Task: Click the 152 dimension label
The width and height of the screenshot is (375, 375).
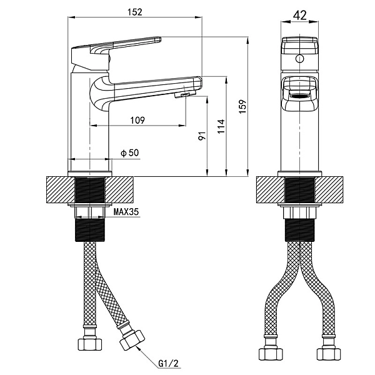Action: [x=134, y=12]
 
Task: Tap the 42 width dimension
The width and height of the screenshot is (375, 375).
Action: [x=299, y=16]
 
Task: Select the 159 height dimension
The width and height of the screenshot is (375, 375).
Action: [x=242, y=107]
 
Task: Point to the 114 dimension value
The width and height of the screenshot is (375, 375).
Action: [x=221, y=126]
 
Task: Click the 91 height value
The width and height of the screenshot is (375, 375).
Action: [x=202, y=136]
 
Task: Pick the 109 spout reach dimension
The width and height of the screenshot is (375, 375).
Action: [x=137, y=120]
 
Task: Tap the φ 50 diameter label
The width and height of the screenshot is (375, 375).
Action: [x=130, y=152]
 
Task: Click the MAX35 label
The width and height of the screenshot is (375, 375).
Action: [x=126, y=212]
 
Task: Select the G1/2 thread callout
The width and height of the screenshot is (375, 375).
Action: [x=168, y=364]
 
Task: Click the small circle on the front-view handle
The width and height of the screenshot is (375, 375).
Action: [x=299, y=58]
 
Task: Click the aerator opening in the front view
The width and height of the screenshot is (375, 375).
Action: [x=299, y=97]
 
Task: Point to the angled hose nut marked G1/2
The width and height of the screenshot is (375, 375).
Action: [x=132, y=340]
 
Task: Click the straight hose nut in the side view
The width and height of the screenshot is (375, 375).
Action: [x=90, y=344]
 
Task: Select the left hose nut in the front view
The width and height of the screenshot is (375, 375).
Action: [x=271, y=354]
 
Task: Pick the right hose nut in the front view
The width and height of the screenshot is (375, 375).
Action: [x=329, y=354]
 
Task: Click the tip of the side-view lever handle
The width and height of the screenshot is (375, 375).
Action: [x=160, y=39]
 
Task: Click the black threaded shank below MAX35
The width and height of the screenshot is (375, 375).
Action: [x=90, y=230]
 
